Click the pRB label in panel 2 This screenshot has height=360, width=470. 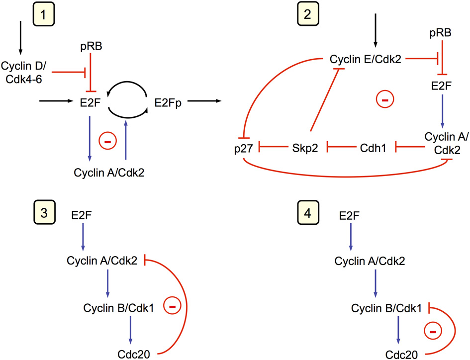(x=441, y=34)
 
